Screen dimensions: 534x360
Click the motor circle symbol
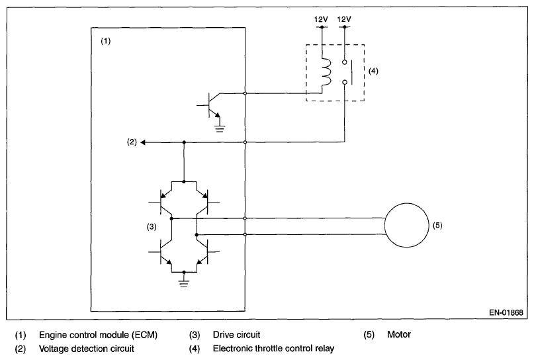[x=385, y=225]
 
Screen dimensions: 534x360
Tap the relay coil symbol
[x=327, y=72]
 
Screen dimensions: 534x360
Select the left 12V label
[x=321, y=19]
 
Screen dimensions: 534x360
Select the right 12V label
[x=344, y=19]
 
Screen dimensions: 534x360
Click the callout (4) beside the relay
[x=373, y=71]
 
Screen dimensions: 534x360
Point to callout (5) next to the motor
[x=437, y=226]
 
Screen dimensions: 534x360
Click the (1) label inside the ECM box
[x=106, y=41]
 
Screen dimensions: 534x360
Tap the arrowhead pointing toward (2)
[x=143, y=142]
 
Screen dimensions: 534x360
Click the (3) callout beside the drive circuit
[x=152, y=226]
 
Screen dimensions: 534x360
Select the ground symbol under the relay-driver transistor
[x=220, y=128]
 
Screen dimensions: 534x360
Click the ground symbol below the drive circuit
[x=184, y=283]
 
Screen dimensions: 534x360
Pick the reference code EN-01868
[x=506, y=312]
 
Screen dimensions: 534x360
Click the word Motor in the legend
[x=399, y=334]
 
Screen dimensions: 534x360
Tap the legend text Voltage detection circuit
[x=87, y=349]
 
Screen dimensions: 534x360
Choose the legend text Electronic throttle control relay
[x=273, y=349]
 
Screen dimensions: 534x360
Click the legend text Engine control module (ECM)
[x=98, y=335]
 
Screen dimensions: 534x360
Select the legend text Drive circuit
[x=236, y=335]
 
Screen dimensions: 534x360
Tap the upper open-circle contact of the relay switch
[x=344, y=62]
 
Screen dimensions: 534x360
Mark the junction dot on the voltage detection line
[x=184, y=142]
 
